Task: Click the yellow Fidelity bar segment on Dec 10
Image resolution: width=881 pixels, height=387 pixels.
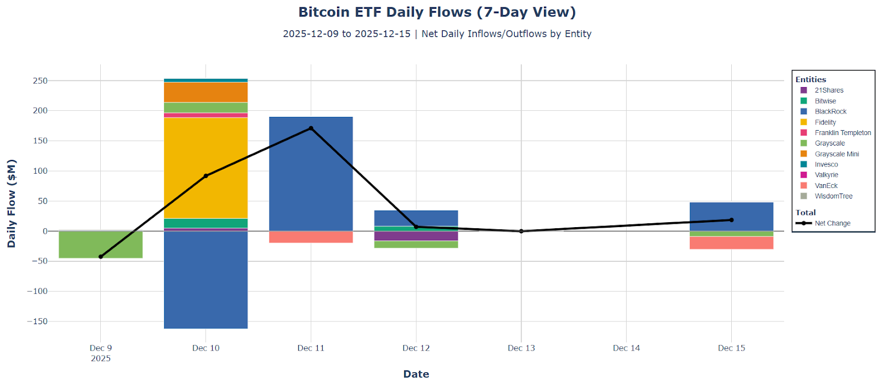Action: pos(205,165)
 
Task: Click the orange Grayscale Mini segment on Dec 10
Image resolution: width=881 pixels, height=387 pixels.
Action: pos(205,92)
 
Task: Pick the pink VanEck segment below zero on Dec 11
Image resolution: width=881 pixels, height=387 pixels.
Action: pos(311,237)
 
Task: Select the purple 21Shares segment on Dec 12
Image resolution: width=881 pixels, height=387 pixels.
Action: pos(416,236)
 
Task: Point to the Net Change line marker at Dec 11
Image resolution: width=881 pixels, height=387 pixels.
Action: pos(311,128)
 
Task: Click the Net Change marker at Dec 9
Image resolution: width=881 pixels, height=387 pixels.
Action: pos(101,257)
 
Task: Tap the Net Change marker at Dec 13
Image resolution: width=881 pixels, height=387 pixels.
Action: pos(521,232)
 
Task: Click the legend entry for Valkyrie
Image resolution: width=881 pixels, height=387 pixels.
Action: pos(826,175)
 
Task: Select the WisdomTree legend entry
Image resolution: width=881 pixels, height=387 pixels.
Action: pos(833,196)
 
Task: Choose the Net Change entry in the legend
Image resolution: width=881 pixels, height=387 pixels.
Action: pos(832,223)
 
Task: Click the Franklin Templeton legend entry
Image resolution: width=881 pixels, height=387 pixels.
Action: pos(842,133)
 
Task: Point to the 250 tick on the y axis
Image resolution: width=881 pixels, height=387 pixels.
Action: pos(40,80)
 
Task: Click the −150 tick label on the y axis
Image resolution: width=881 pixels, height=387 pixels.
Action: pos(37,321)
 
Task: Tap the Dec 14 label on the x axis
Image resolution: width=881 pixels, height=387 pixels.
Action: pos(626,348)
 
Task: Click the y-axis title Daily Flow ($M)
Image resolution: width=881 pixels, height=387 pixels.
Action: pos(12,203)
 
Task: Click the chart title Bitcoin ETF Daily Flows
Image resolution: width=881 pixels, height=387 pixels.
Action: pos(437,12)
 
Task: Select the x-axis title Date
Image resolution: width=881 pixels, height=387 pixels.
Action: pos(416,374)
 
